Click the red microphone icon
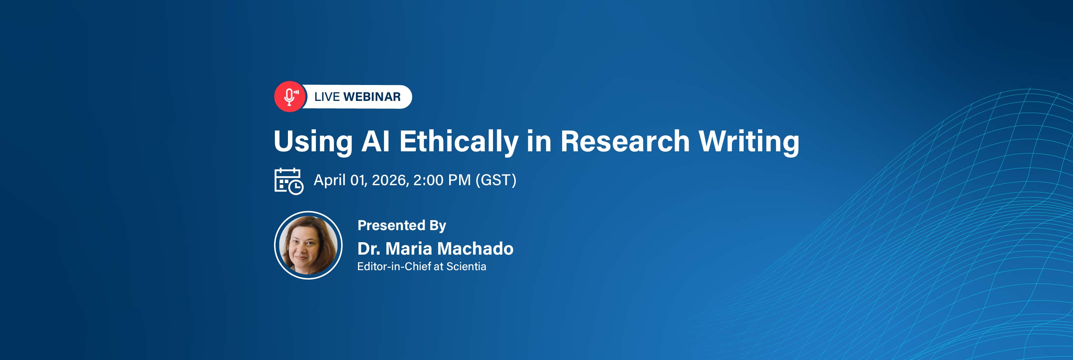tap(290, 97)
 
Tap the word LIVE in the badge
tap(327, 97)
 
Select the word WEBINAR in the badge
tap(372, 97)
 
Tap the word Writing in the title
tap(749, 141)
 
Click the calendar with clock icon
tap(289, 181)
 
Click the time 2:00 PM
tap(442, 180)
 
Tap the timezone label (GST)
tap(496, 180)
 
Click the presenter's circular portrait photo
tap(308, 245)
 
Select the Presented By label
tap(402, 225)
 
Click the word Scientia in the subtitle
tap(466, 266)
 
